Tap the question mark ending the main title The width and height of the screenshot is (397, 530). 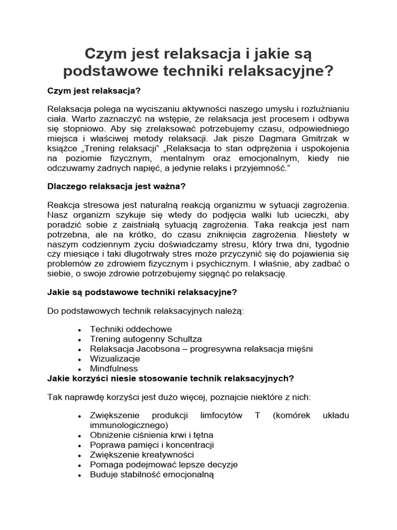(x=328, y=71)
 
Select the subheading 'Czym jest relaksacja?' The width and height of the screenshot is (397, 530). (x=94, y=91)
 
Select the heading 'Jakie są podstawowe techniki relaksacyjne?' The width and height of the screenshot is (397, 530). (x=142, y=292)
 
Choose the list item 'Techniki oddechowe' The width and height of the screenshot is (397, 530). (x=131, y=329)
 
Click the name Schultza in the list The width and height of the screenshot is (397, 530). (x=184, y=339)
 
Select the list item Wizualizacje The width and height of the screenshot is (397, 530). (x=115, y=359)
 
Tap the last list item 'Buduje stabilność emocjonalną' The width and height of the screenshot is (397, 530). (x=151, y=475)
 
